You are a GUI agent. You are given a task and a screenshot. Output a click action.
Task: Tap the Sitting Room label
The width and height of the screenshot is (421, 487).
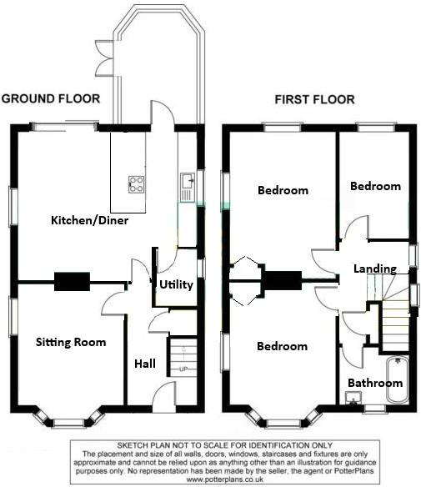click(71, 342)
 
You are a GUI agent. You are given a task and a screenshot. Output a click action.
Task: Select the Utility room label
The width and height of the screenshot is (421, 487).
click(176, 285)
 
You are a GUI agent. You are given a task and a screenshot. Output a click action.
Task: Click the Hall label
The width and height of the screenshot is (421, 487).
click(145, 364)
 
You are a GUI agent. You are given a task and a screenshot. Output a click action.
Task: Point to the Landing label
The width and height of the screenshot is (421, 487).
click(374, 269)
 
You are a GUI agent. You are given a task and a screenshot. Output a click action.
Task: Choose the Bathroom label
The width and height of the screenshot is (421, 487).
click(375, 384)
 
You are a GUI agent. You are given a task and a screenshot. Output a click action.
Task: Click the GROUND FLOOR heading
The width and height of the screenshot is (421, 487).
click(51, 98)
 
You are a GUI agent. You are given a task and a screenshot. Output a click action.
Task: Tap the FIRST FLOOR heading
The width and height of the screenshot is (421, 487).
click(315, 100)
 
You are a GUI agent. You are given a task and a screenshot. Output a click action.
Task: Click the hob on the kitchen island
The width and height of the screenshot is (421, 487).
click(135, 185)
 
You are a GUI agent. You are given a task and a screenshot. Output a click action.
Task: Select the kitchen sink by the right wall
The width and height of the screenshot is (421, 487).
click(188, 178)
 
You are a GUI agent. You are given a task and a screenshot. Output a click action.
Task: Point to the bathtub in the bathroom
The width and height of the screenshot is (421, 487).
click(396, 379)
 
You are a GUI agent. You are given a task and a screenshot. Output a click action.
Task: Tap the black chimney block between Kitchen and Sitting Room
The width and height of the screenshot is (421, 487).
click(72, 282)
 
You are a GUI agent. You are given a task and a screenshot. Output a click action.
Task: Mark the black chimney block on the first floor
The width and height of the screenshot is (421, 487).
click(281, 282)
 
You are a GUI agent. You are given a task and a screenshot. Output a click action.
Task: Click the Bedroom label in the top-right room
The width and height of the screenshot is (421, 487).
click(375, 187)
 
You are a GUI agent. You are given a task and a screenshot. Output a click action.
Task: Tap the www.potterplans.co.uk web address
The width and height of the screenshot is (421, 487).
click(212, 480)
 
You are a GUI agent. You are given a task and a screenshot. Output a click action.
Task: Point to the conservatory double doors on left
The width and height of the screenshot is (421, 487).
click(103, 57)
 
